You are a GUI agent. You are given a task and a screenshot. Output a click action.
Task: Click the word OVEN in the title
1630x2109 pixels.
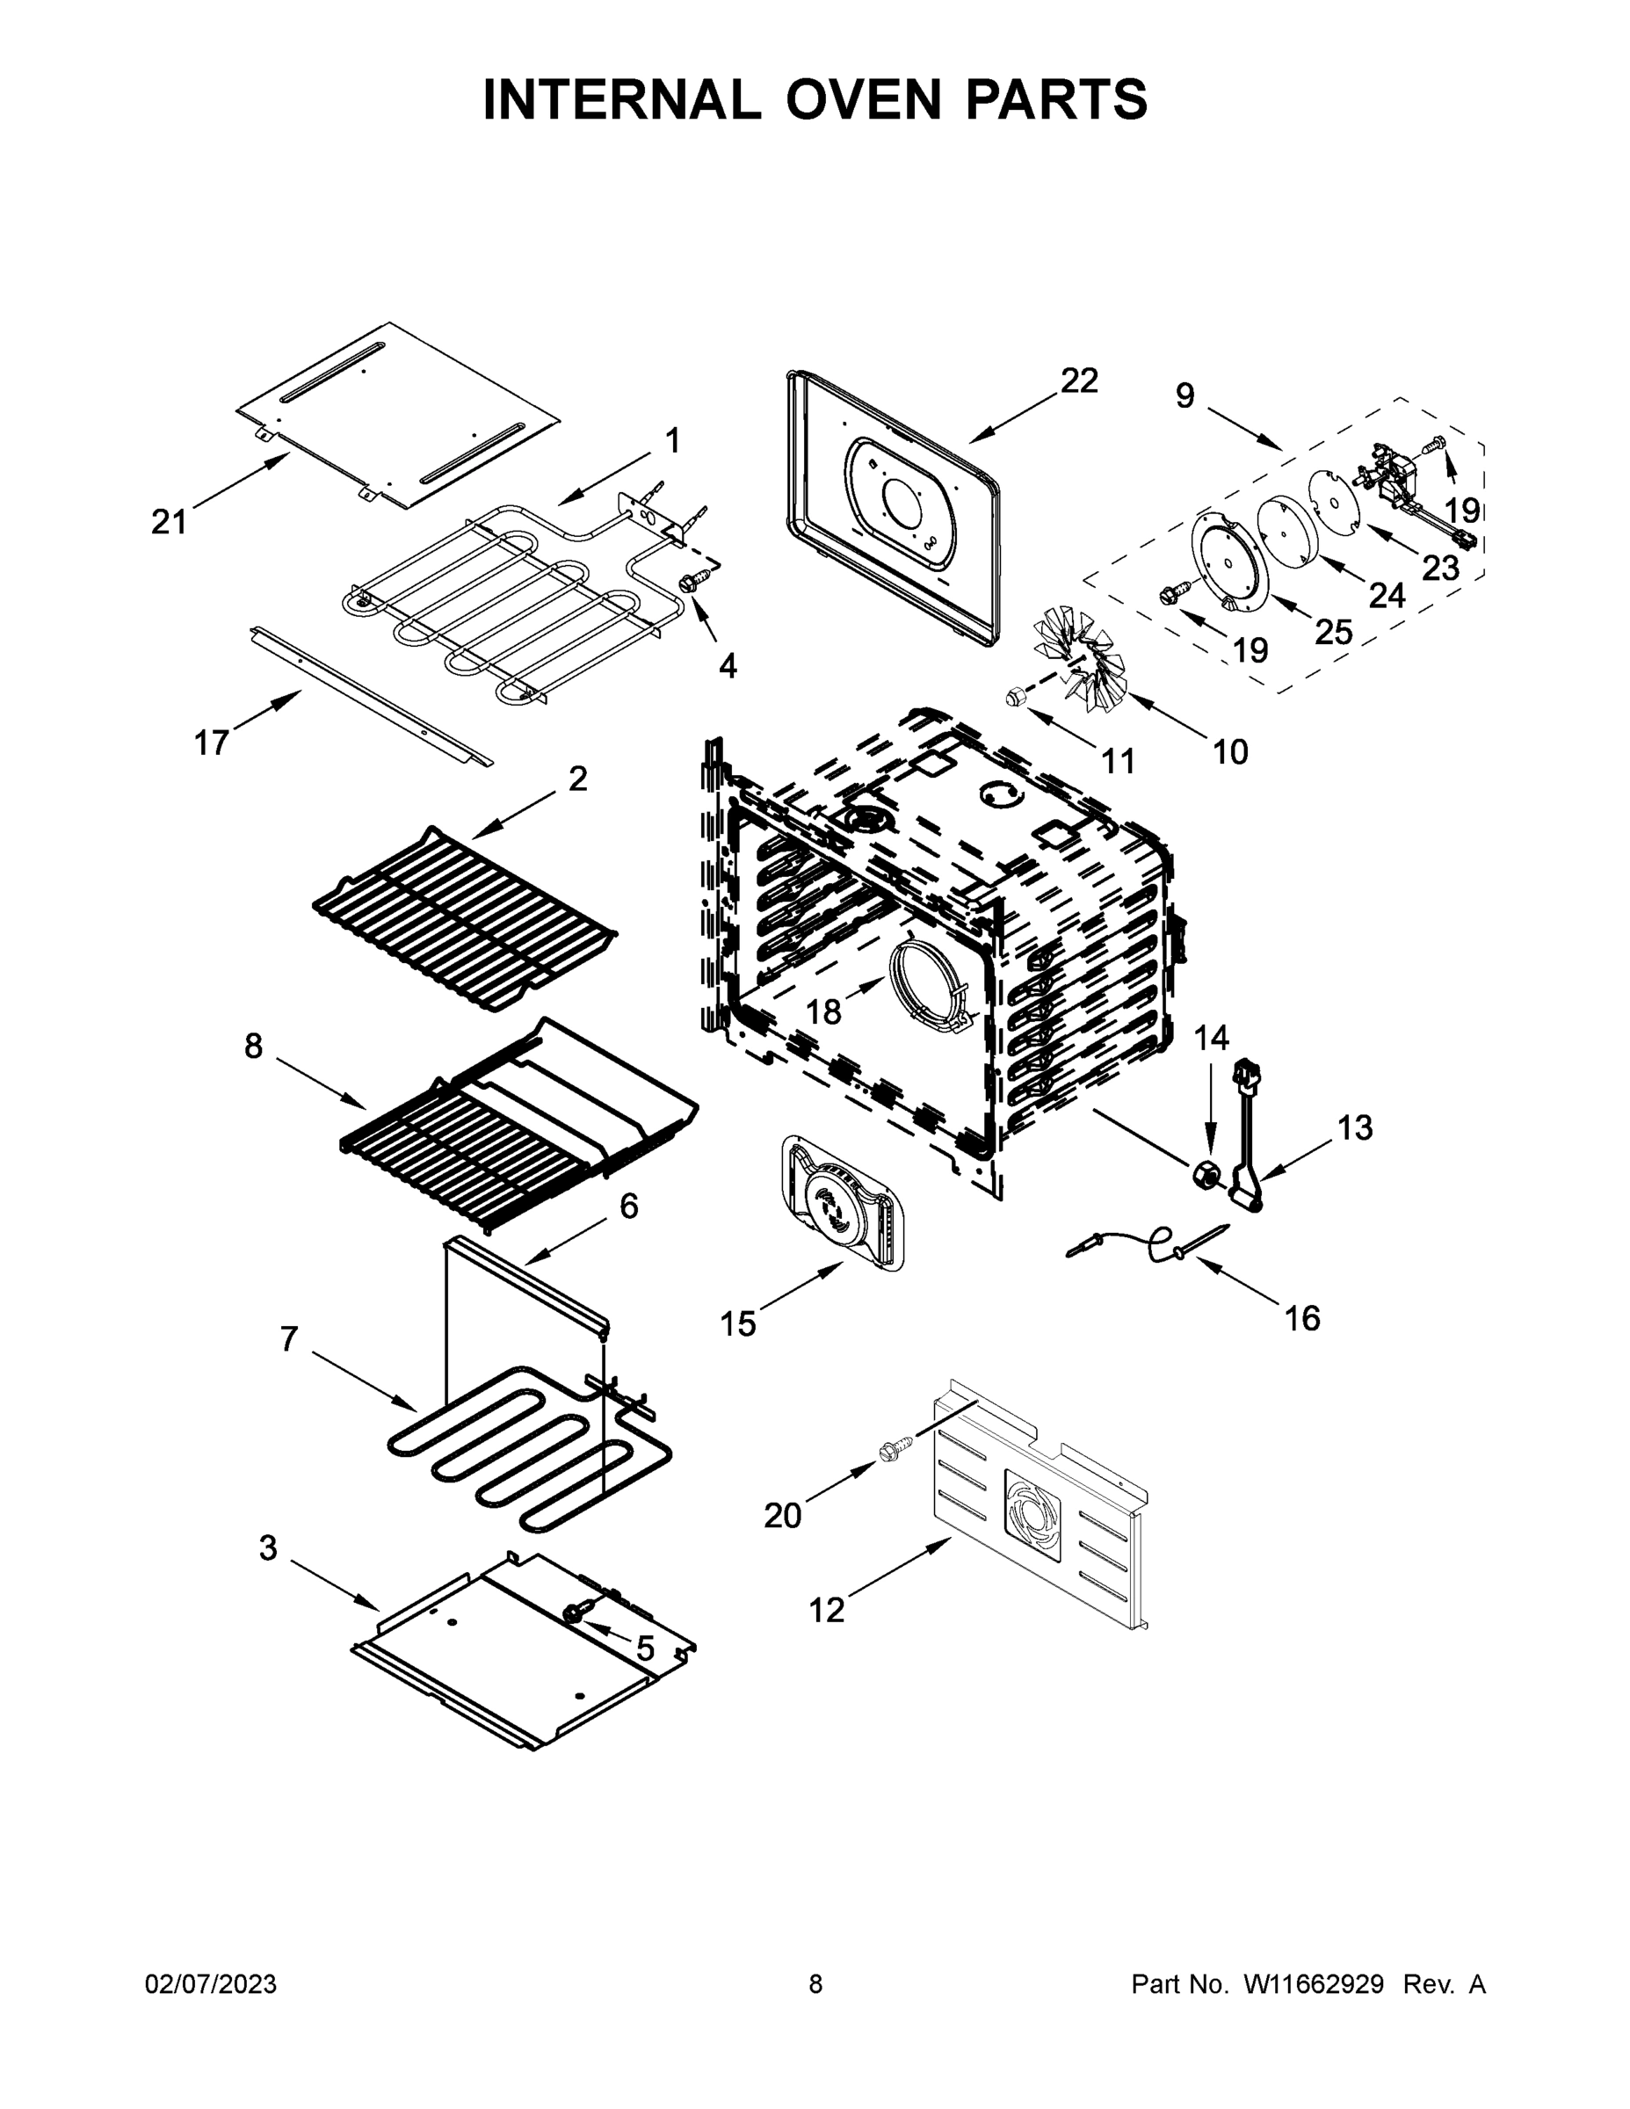point(861,99)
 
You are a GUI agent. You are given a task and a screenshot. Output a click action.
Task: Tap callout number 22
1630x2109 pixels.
point(1079,381)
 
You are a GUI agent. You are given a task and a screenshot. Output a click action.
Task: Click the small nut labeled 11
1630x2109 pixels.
point(1014,695)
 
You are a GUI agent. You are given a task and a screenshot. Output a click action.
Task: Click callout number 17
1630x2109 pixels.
point(212,743)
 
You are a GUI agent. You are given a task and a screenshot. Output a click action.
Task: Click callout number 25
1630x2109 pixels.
point(1334,632)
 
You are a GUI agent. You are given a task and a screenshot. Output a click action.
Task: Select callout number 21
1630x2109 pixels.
point(169,523)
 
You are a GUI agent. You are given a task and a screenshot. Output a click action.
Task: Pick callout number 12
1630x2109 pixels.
point(827,1610)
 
